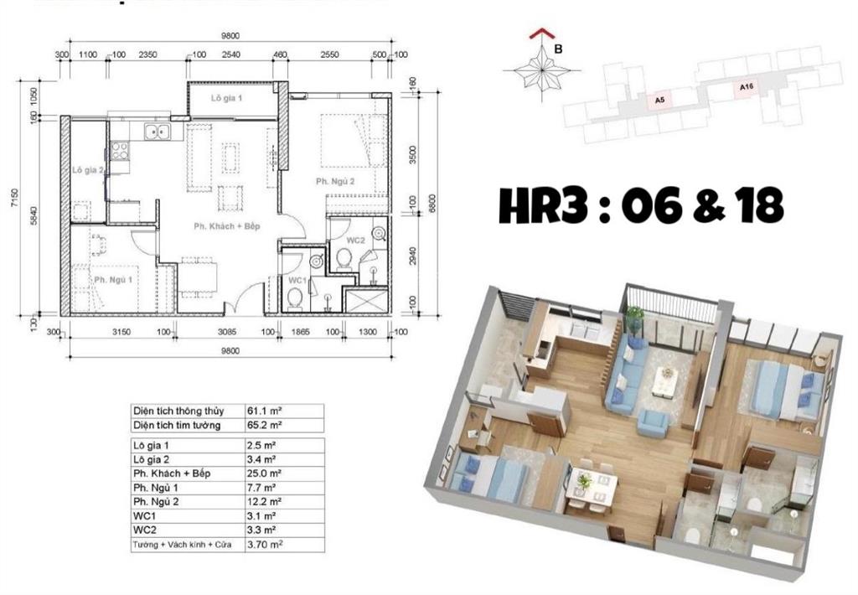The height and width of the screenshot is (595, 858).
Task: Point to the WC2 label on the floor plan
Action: click(354, 241)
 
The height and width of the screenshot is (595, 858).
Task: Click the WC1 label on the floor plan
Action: click(297, 279)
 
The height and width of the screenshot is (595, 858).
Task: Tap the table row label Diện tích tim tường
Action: click(174, 425)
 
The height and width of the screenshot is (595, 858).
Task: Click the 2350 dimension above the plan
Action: click(147, 55)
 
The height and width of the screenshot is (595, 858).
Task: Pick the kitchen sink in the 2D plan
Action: click(154, 132)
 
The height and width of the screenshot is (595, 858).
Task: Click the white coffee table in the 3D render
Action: click(668, 382)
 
